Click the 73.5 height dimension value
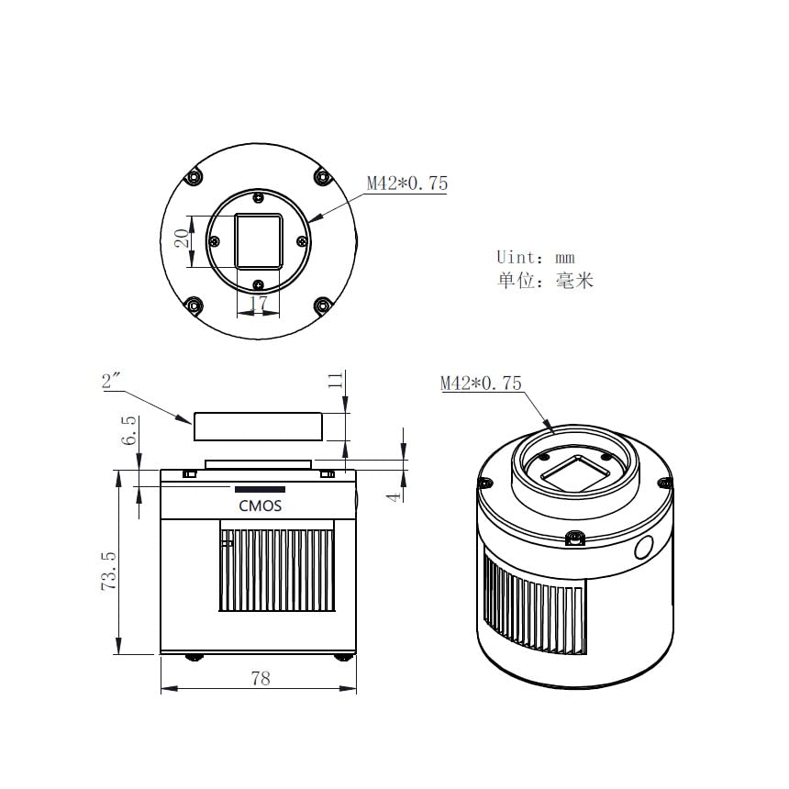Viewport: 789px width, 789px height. pos(109,572)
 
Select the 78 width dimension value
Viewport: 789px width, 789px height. pos(261,678)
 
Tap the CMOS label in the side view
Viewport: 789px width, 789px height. pos(261,506)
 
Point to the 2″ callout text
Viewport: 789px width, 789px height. pos(112,381)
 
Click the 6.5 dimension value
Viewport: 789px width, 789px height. pos(128,430)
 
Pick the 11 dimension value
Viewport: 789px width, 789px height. pos(336,380)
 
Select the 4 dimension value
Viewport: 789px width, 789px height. pos(394,497)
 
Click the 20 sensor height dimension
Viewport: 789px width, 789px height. pos(183,238)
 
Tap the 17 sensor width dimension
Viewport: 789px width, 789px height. pos(258,303)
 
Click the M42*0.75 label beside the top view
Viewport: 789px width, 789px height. pos(407,183)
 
